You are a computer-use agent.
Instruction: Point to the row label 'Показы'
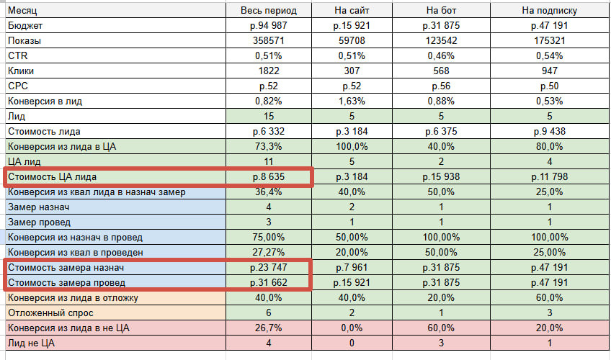25,40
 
